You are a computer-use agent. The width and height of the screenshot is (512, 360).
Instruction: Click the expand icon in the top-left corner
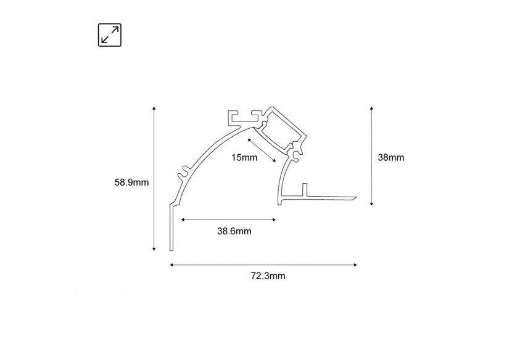[x=110, y=35]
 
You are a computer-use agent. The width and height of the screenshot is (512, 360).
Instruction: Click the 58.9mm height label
[x=131, y=182]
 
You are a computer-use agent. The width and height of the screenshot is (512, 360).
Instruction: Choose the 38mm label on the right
[x=390, y=157]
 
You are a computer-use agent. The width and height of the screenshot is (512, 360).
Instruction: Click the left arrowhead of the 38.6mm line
[x=183, y=219]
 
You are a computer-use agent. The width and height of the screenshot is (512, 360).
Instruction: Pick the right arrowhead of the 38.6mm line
[x=273, y=219]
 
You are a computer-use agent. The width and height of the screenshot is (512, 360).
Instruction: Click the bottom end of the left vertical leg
[x=171, y=249]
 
